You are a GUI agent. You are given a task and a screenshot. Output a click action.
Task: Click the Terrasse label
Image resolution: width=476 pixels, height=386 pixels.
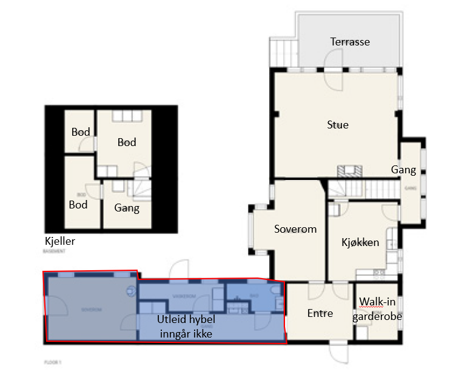pos(350,42)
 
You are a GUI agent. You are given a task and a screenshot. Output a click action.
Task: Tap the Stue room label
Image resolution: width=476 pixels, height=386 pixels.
pos(338,125)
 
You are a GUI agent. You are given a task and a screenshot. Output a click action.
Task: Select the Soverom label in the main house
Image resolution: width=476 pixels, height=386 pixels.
pos(295,229)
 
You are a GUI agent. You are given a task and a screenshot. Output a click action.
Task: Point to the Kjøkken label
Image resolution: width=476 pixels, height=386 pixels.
pos(360,242)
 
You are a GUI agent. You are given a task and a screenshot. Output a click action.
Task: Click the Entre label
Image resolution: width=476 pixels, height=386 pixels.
pos(320,313)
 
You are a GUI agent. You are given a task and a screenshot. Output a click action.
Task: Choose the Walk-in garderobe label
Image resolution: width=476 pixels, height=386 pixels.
pos(380,308)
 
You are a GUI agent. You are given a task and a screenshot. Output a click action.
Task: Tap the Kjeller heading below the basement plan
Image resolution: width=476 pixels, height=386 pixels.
pos(59,241)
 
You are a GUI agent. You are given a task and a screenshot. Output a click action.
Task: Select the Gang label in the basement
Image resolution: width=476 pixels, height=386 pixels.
pos(127,208)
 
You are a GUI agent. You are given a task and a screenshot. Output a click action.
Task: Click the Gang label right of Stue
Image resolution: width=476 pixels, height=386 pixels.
pos(403,170)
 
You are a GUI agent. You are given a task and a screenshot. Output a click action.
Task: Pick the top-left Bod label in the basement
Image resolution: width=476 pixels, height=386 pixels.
pos(81,132)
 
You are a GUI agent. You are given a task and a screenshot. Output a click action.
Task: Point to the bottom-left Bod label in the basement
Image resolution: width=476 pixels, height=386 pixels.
pos(78,205)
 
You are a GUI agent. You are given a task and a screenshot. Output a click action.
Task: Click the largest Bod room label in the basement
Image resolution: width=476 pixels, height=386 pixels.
pos(127,142)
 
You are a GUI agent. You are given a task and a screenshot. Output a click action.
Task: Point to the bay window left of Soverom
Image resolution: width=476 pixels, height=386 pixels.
pos(251,230)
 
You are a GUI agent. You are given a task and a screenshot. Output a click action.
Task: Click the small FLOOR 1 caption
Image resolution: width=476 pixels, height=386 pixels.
pos(53,362)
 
